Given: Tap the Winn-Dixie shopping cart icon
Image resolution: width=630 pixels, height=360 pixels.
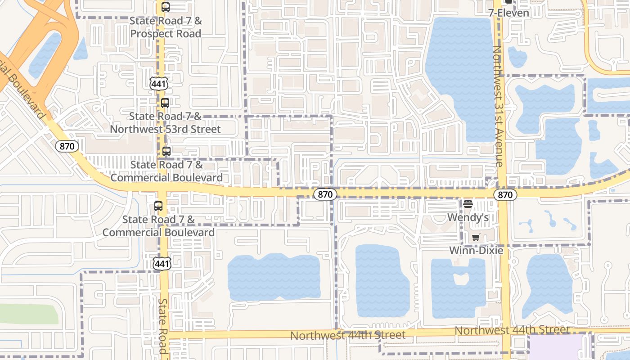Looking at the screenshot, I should tap(476, 237).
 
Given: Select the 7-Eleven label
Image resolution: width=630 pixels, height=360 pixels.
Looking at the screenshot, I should tap(508, 13).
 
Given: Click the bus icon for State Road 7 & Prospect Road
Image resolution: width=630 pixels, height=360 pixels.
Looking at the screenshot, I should tap(166, 7).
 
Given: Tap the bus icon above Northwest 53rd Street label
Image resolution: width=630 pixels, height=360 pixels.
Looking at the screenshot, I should tap(165, 103).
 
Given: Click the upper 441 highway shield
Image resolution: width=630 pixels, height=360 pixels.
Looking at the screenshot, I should tap(159, 83).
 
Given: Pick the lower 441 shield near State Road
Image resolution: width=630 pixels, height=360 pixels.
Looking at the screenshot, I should tap(162, 264).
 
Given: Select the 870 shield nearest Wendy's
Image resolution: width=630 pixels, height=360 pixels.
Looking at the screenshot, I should tap(505, 195).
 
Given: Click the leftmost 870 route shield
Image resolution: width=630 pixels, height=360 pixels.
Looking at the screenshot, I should tap(67, 146).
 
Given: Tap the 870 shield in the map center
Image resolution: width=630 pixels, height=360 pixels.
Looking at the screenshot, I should tap(325, 194).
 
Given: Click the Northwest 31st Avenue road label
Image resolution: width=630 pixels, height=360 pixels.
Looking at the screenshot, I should tap(498, 106).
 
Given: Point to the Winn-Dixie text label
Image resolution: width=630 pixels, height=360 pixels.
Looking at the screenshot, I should tap(476, 251).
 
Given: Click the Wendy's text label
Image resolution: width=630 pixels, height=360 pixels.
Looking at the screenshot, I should tap(468, 217).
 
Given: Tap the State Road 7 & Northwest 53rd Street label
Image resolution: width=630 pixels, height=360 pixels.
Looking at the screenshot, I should tap(165, 123).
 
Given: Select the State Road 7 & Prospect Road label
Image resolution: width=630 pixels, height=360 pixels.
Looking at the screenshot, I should tap(165, 27).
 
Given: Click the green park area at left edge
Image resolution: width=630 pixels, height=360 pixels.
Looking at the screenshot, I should tap(27, 314).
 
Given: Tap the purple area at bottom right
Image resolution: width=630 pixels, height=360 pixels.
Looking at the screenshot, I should tap(557, 347).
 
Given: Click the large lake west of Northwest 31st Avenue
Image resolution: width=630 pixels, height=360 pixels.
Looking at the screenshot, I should tap(459, 76).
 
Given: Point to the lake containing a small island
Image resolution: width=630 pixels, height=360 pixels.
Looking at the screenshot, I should tap(458, 288).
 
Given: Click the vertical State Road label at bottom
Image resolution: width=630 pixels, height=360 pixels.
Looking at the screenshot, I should tap(163, 326).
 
